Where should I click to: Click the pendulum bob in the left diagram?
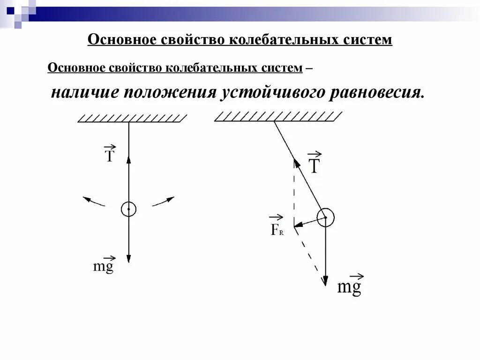pos(128,209)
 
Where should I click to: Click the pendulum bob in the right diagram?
pos(325,217)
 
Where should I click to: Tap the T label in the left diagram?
pos(109,154)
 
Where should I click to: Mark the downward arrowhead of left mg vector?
pos(128,259)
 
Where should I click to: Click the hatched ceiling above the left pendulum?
pos(133,119)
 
